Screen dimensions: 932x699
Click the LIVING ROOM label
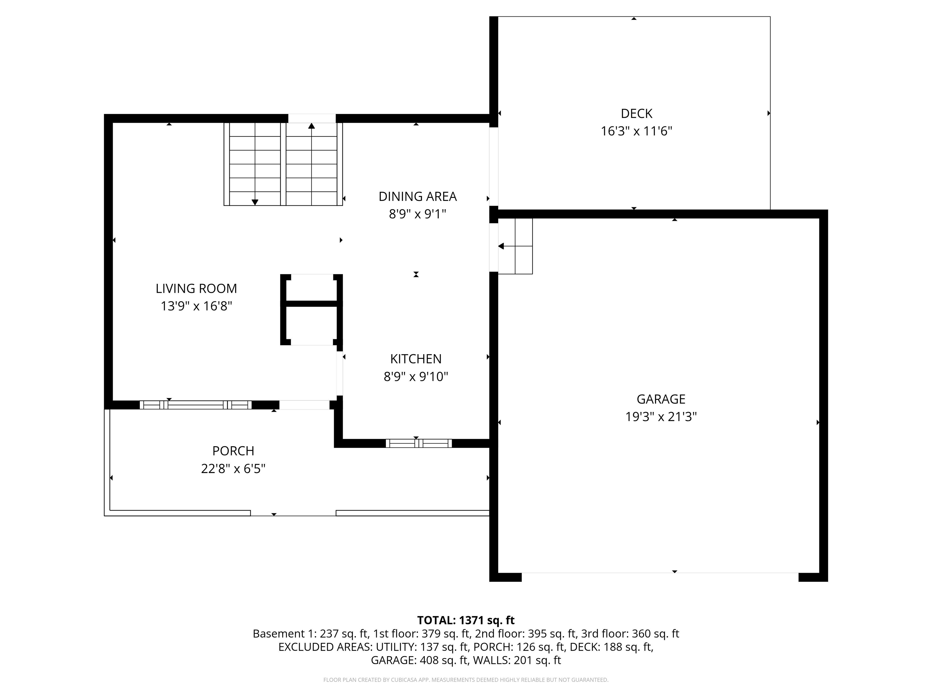(x=196, y=289)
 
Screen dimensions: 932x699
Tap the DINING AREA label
(x=417, y=196)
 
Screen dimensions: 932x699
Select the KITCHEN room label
(x=416, y=359)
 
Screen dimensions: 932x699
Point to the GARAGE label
(x=661, y=399)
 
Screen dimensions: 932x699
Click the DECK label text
(x=636, y=114)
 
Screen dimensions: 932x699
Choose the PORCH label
(x=233, y=451)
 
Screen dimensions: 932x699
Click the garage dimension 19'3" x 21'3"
(x=661, y=417)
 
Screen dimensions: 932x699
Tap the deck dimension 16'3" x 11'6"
(x=636, y=131)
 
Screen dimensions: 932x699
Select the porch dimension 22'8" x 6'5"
(x=233, y=468)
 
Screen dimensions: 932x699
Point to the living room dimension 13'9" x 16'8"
(x=196, y=306)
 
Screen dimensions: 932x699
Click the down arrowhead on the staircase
(x=255, y=203)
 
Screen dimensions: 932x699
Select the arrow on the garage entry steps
(x=515, y=246)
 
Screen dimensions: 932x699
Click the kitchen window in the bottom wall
(x=418, y=443)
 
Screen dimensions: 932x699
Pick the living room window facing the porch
(x=195, y=405)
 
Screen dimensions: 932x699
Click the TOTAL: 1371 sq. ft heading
(x=466, y=620)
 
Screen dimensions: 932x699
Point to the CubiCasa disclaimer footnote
(x=466, y=680)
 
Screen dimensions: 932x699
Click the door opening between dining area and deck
(x=493, y=167)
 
